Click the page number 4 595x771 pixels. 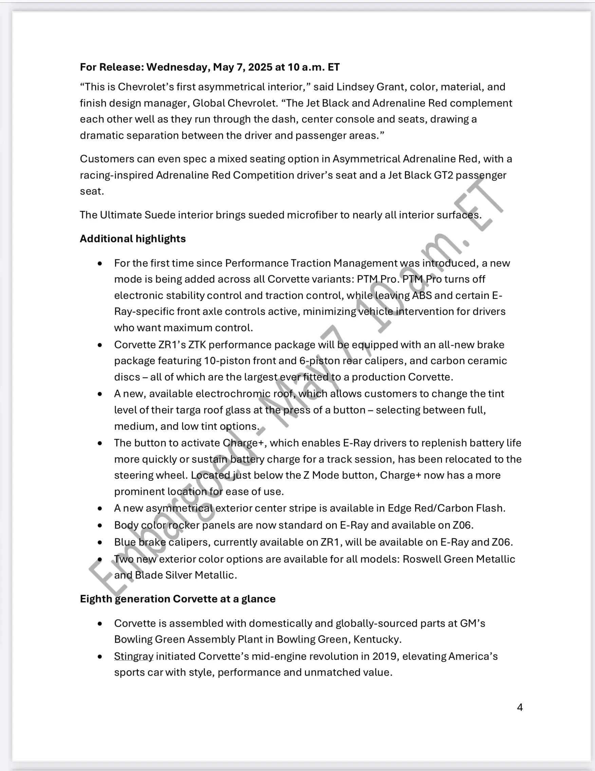pyautogui.click(x=520, y=707)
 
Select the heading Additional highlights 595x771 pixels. pyautogui.click(x=133, y=239)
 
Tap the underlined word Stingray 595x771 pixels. pyautogui.click(x=134, y=656)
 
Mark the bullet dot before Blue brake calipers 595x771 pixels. pyautogui.click(x=100, y=542)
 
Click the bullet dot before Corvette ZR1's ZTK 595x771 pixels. pyautogui.click(x=100, y=345)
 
